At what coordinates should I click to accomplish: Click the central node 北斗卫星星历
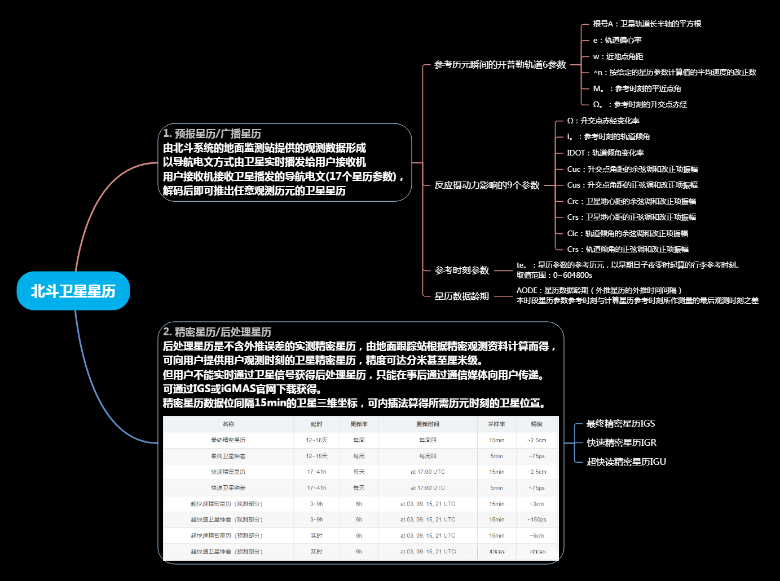[x=73, y=291]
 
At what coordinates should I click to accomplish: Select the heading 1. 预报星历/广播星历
[x=212, y=134]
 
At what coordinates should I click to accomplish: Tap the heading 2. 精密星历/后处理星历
[x=217, y=332]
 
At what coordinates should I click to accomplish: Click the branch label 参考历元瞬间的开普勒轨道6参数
[x=500, y=65]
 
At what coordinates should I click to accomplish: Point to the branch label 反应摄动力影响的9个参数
[x=487, y=185]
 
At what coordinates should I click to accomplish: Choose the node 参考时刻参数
[x=461, y=270]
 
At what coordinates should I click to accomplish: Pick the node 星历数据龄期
[x=461, y=296]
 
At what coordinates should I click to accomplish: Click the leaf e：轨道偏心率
[x=617, y=40]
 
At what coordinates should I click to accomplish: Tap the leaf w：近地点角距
[x=618, y=56]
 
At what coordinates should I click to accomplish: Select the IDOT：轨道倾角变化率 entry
[x=605, y=153]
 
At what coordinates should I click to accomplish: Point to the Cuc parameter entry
[x=632, y=169]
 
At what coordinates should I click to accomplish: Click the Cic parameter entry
[x=627, y=233]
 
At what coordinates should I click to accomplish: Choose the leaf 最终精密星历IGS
[x=620, y=424]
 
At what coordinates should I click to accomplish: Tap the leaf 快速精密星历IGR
[x=622, y=443]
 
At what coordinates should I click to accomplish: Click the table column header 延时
[x=316, y=424]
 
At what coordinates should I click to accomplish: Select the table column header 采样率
[x=496, y=424]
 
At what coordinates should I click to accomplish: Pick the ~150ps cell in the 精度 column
[x=536, y=520]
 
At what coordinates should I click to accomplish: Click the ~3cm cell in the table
[x=536, y=504]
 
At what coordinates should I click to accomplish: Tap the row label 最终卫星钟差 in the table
[x=228, y=456]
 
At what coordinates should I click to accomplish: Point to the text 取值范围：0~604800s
[x=554, y=275]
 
